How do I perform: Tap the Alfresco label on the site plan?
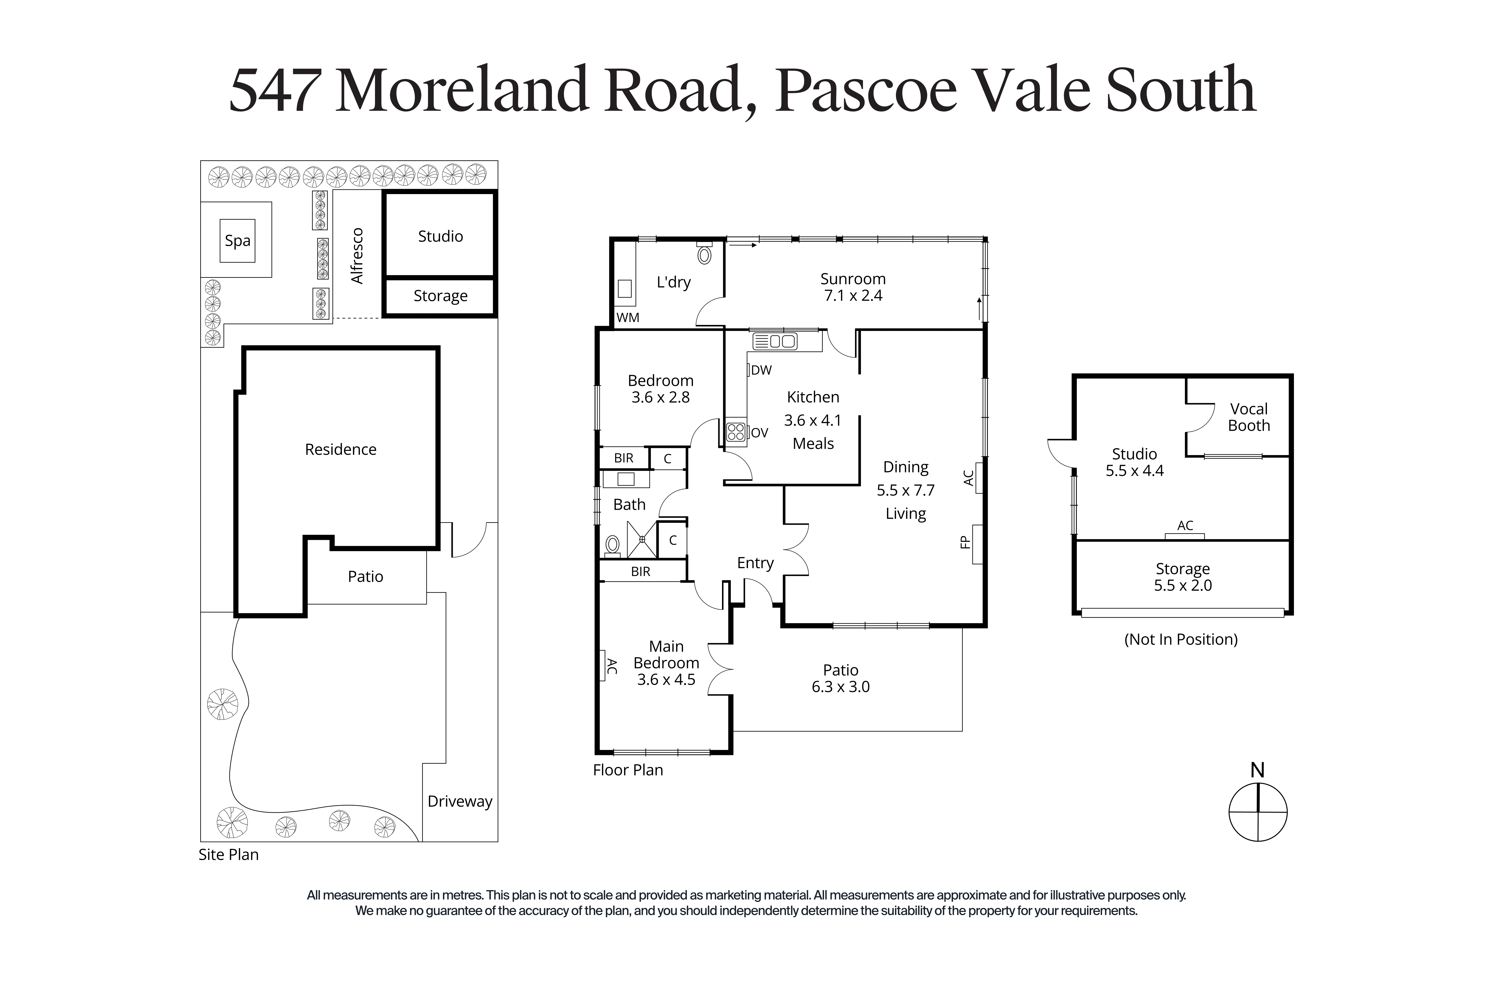pos(357,256)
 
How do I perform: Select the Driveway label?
pos(460,802)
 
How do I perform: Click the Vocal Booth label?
pos(1249,417)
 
